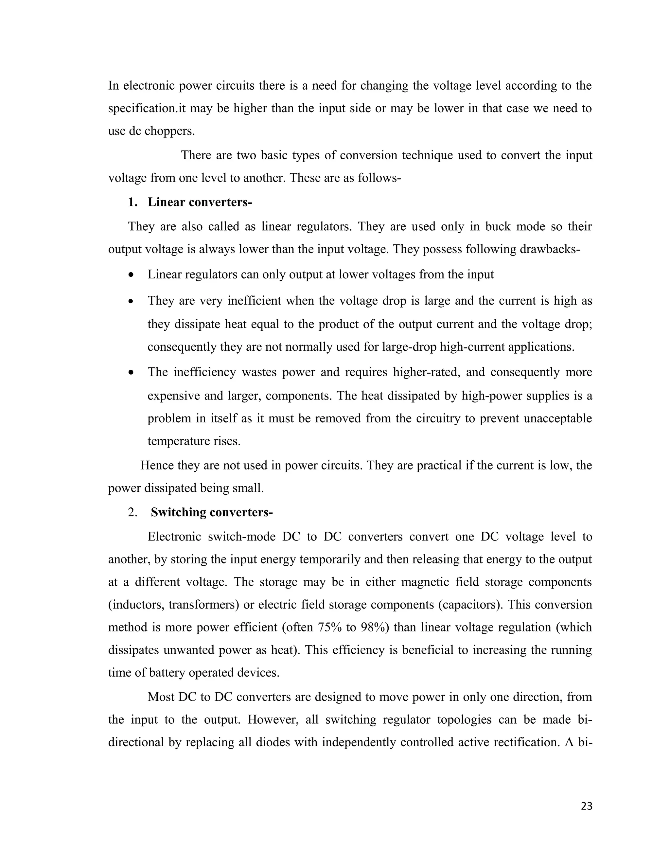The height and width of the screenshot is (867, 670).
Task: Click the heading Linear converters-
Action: [x=200, y=202]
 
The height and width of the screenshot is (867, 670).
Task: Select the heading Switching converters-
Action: [x=212, y=512]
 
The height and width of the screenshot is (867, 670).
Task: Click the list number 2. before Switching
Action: [x=132, y=512]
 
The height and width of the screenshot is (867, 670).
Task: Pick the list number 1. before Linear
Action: [x=132, y=202]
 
